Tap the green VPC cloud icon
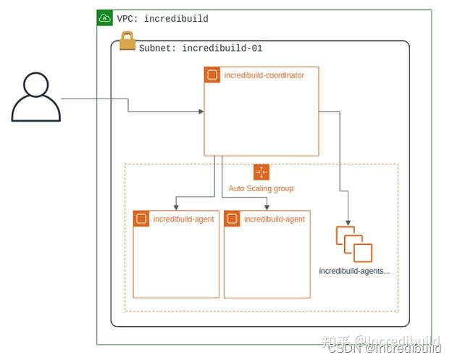(105, 18)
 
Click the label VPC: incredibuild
(162, 19)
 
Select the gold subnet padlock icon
(127, 42)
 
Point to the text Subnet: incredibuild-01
(200, 49)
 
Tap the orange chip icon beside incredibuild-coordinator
(212, 75)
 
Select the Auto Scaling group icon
(261, 172)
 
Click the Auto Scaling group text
(261, 188)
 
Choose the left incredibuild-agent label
(183, 219)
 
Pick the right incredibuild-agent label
(274, 219)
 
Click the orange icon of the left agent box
(141, 219)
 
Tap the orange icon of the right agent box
(232, 219)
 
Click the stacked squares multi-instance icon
(353, 243)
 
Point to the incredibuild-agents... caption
(354, 271)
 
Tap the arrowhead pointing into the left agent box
(175, 206)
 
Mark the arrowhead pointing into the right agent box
(267, 206)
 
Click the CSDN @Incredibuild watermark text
(385, 349)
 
